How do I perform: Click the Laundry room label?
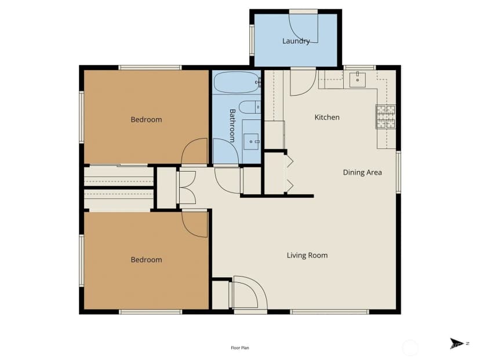(x=296, y=41)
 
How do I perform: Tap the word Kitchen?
(x=327, y=117)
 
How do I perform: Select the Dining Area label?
(x=362, y=172)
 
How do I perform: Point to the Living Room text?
(x=307, y=255)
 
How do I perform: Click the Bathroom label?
(x=232, y=126)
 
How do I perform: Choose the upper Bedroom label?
(x=146, y=119)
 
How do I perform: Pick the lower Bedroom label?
(x=146, y=260)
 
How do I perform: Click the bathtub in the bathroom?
(x=237, y=82)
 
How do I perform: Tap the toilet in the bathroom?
(x=249, y=107)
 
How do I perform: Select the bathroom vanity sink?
(x=251, y=141)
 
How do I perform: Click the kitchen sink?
(x=358, y=79)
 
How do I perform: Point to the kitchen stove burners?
(x=386, y=117)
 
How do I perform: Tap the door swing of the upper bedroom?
(x=195, y=151)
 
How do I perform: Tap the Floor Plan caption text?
(x=240, y=348)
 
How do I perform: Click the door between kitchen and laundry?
(x=303, y=83)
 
